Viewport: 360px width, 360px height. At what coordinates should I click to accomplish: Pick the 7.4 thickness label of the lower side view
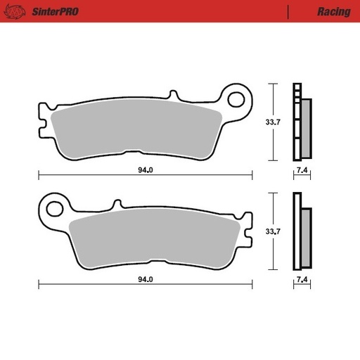click(x=302, y=280)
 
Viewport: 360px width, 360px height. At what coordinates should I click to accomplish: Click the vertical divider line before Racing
click(x=289, y=12)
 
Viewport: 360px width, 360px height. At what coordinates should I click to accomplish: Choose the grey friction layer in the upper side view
click(x=306, y=127)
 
